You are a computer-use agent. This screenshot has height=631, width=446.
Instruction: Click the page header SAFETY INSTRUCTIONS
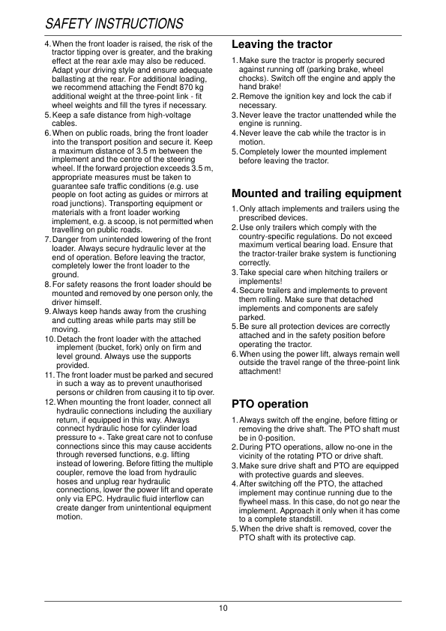(x=114, y=25)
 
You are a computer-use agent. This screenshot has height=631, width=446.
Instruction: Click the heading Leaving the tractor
(x=282, y=45)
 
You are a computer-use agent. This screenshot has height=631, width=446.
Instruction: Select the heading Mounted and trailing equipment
(x=316, y=193)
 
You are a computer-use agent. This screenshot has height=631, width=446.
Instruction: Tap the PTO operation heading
(x=270, y=405)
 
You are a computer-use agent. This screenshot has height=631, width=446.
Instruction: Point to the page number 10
(x=223, y=608)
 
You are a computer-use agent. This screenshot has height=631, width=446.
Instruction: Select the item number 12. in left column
(x=49, y=403)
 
